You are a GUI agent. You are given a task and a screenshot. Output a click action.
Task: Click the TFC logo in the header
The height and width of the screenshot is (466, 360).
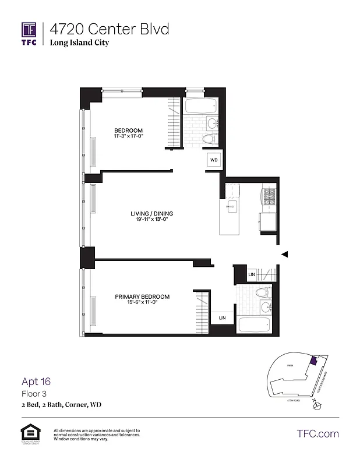[29, 33]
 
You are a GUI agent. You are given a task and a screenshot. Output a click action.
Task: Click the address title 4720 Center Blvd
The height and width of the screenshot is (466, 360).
[109, 29]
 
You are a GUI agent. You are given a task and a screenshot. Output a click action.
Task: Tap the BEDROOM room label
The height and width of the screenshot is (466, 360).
[128, 130]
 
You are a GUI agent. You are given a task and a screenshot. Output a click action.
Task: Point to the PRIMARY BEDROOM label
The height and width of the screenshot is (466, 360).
[142, 297]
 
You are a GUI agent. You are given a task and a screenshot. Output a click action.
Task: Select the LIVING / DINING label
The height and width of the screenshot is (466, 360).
[151, 214]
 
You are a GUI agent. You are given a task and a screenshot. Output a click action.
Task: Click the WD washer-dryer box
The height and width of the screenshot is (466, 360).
[214, 160]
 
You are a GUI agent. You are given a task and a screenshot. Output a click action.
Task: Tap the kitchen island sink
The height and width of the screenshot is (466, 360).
[230, 206]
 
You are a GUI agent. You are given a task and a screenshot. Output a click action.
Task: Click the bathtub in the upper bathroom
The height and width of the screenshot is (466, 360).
[200, 107]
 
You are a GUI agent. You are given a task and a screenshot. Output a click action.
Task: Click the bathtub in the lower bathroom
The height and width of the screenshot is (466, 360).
[255, 324]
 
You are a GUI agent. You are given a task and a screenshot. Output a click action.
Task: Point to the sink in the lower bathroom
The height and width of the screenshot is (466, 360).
[266, 306]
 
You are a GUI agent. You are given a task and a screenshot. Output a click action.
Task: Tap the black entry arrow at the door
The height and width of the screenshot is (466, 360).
[284, 254]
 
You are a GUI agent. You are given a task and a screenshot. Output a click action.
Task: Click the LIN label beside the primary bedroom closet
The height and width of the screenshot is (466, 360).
[222, 318]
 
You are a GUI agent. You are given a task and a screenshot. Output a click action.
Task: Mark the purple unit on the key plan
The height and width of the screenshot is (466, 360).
[313, 361]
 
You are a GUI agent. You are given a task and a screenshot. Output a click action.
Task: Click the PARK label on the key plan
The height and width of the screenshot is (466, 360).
[290, 365]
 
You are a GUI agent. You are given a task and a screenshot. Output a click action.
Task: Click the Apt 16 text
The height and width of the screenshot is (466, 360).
[36, 382]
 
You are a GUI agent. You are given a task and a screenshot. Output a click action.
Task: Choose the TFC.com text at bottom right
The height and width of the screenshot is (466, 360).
[317, 433]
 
